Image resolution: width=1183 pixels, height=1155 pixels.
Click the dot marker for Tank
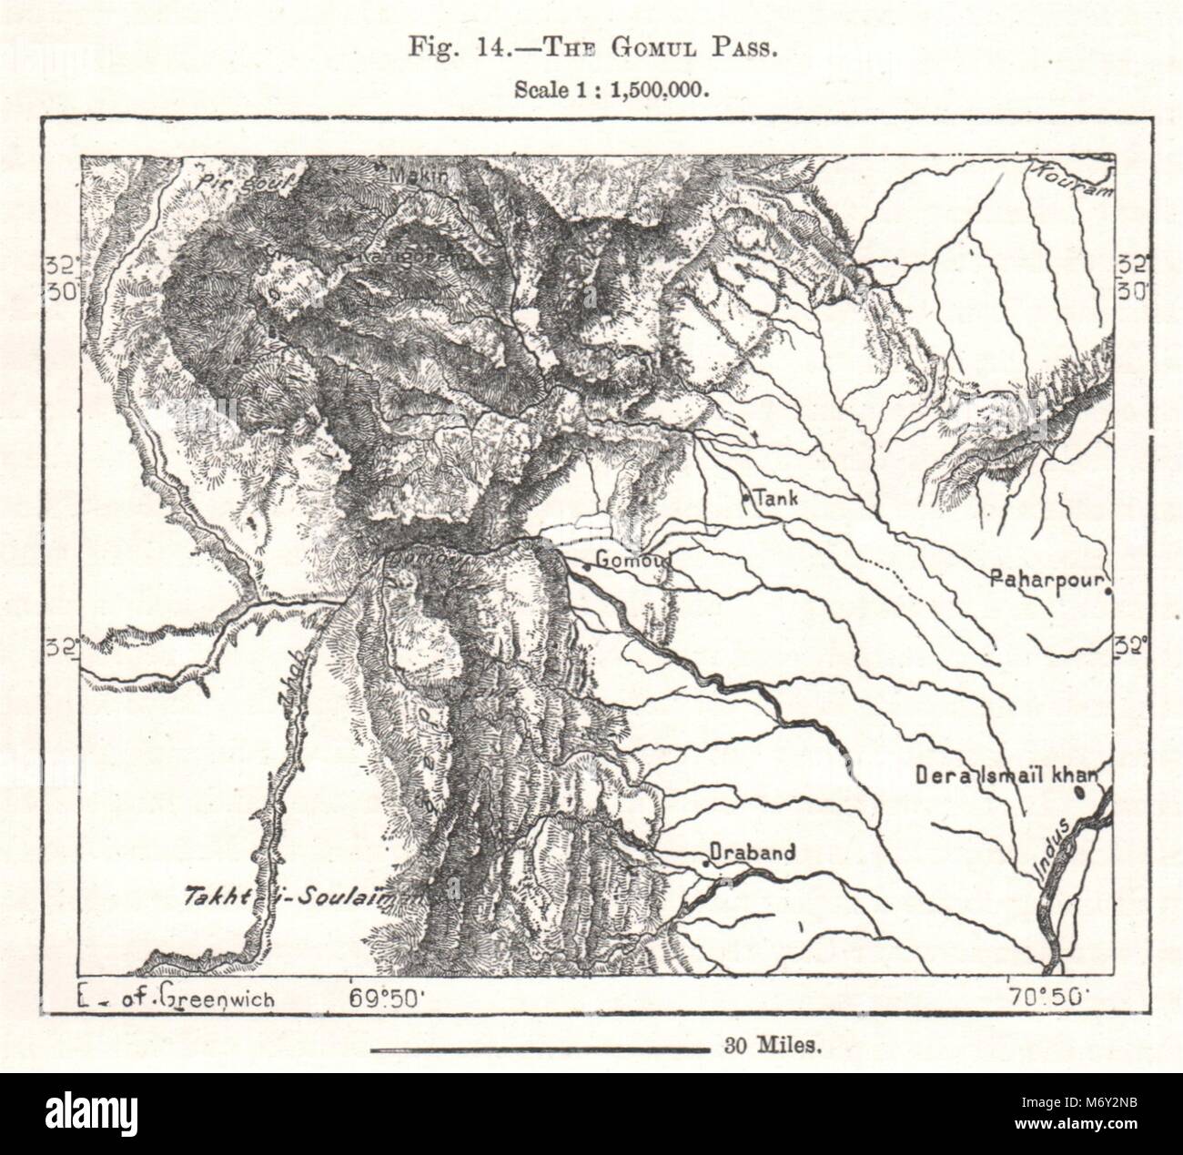pyautogui.click(x=746, y=498)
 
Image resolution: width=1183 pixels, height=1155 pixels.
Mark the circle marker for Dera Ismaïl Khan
pyautogui.click(x=1079, y=792)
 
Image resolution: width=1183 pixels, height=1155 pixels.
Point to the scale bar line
pyautogui.click(x=540, y=1049)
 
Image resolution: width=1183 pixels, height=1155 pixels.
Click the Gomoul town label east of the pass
pyautogui.click(x=632, y=560)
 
